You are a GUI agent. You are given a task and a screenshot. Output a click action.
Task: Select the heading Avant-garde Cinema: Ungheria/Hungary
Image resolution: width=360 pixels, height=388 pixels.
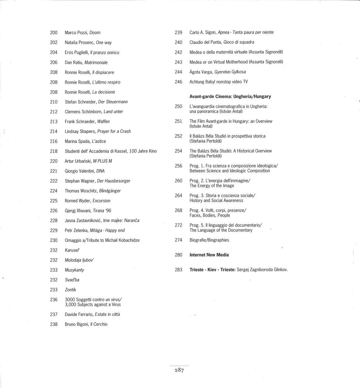point(230,97)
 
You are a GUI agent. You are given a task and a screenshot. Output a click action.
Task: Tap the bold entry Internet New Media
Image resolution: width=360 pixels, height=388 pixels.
point(209,255)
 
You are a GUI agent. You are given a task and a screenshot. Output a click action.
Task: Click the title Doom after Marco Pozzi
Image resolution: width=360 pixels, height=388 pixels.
point(95,33)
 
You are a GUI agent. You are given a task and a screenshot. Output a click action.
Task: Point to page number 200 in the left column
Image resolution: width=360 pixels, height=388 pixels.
point(54,33)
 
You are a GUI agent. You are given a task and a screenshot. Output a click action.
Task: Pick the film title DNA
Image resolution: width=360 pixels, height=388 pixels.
point(100,171)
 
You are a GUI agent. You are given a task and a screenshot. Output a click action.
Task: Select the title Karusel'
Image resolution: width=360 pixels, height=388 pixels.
point(72,250)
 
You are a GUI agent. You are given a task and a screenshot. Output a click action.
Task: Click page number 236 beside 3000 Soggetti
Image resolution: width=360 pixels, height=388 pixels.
point(54,300)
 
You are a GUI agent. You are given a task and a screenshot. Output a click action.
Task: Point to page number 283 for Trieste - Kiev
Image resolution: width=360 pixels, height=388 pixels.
point(179,270)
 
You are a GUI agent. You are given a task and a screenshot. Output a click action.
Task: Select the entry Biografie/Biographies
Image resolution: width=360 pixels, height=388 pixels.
point(209,240)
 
